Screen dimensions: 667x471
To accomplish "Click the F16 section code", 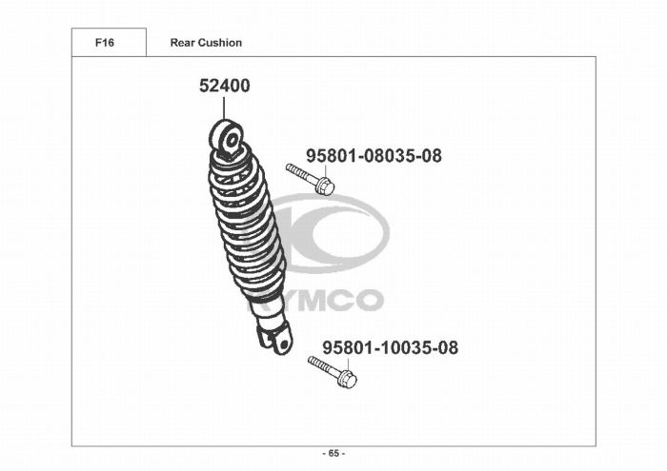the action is tap(105, 43).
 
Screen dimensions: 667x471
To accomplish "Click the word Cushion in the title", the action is tap(220, 43).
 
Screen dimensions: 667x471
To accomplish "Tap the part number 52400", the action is tap(225, 86).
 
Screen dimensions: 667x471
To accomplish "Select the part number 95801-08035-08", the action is tap(374, 156).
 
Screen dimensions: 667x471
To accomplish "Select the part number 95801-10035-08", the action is tap(390, 347).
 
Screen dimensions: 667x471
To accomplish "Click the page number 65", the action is tap(333, 454).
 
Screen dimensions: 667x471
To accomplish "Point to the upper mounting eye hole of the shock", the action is tap(232, 140).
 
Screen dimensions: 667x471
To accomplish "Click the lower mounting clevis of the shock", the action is tap(275, 338).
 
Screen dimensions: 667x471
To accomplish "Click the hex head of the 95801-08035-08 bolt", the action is tap(326, 186).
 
